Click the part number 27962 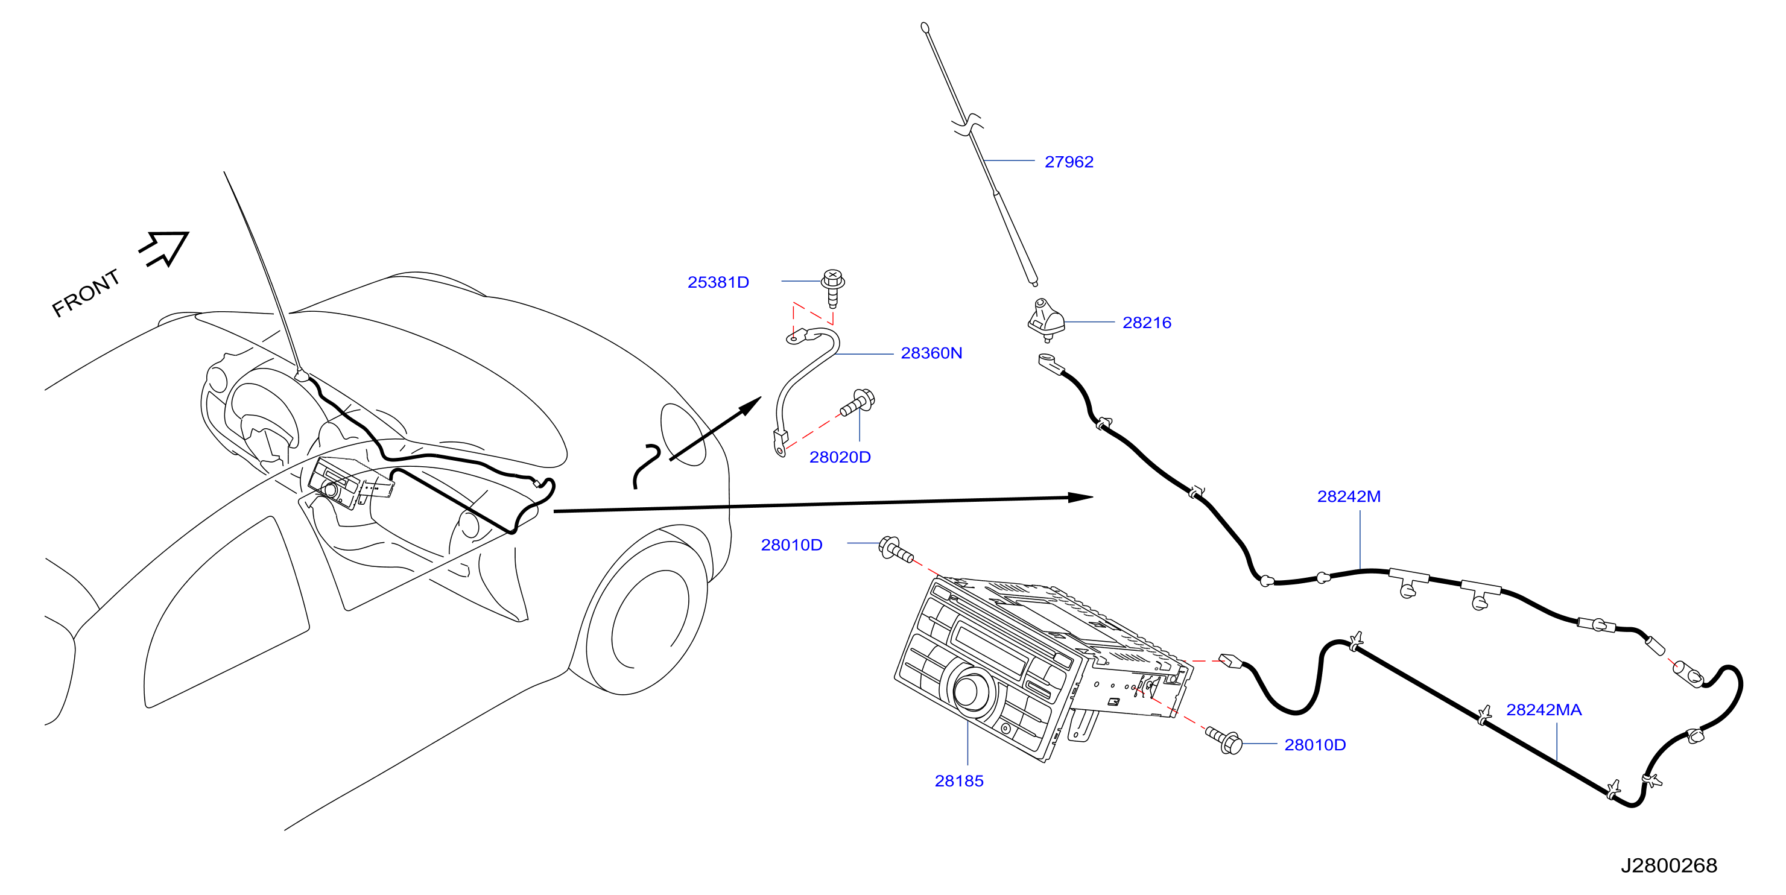tap(1068, 162)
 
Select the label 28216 tap(1147, 323)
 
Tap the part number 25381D tap(718, 282)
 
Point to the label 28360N tap(931, 353)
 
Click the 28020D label tap(840, 457)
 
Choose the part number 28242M tap(1349, 496)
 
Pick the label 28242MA tap(1544, 710)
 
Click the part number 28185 tap(959, 780)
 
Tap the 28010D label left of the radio tap(792, 545)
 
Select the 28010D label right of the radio tap(1314, 745)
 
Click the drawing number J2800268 tap(1668, 865)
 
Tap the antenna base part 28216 tap(1047, 320)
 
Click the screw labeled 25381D tap(832, 288)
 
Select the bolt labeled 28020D tap(858, 403)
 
